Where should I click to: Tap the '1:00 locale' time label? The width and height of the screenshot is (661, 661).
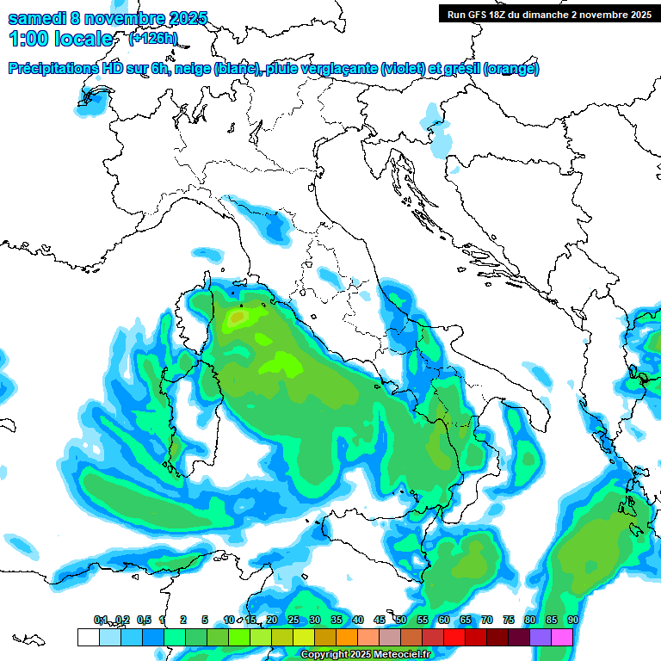click(x=60, y=39)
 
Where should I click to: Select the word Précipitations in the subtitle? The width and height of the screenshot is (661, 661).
click(x=52, y=69)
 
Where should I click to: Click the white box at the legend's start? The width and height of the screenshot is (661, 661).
click(x=88, y=637)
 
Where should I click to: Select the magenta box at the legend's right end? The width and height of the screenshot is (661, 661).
click(x=562, y=637)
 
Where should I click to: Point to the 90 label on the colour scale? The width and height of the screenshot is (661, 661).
click(x=572, y=620)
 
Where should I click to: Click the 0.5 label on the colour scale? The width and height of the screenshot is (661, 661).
click(x=143, y=620)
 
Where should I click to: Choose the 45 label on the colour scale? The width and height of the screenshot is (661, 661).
click(x=380, y=620)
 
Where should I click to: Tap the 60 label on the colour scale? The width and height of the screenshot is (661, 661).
click(x=444, y=620)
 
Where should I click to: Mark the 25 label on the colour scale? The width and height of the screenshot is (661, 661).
click(x=293, y=620)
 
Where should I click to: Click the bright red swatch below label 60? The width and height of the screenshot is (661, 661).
click(x=454, y=637)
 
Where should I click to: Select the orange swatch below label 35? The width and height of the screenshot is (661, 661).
click(x=347, y=637)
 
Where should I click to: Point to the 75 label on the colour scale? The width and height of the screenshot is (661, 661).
click(x=509, y=620)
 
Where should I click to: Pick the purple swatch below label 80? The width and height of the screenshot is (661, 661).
click(x=541, y=637)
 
